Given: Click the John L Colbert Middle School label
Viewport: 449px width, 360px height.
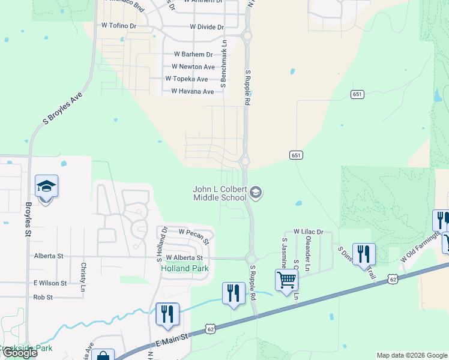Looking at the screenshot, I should pos(220,193).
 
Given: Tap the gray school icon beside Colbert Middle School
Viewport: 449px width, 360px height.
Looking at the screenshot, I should pos(256,192).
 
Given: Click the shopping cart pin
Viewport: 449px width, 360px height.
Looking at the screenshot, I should pos(287,280).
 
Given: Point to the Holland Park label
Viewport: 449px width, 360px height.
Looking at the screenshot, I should pos(185,268).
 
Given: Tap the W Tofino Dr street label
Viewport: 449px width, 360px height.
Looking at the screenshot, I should pos(119,26).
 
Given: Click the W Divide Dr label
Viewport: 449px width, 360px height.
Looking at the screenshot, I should pos(206,27).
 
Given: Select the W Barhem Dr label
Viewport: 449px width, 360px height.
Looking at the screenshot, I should pos(188,55).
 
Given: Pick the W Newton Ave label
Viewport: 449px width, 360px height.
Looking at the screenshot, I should pos(193,67).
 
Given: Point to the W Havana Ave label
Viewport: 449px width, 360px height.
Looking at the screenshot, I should pos(192,92).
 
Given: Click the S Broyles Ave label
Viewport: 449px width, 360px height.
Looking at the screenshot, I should pos(62,109).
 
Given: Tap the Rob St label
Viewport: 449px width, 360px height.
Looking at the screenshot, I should pos(43,297).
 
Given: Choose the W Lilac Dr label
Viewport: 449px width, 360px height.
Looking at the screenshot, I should pos(308,232).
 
